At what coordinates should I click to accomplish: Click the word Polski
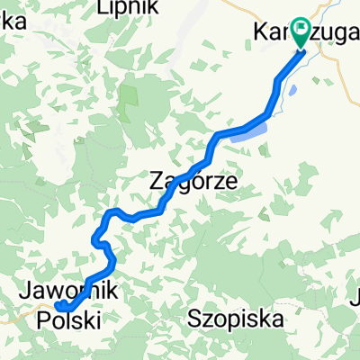(67, 319)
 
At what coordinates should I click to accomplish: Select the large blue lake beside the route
(247, 132)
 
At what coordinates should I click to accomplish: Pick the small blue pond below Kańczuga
(294, 90)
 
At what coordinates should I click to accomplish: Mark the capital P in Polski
(42, 319)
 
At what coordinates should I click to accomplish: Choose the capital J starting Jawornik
(23, 290)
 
